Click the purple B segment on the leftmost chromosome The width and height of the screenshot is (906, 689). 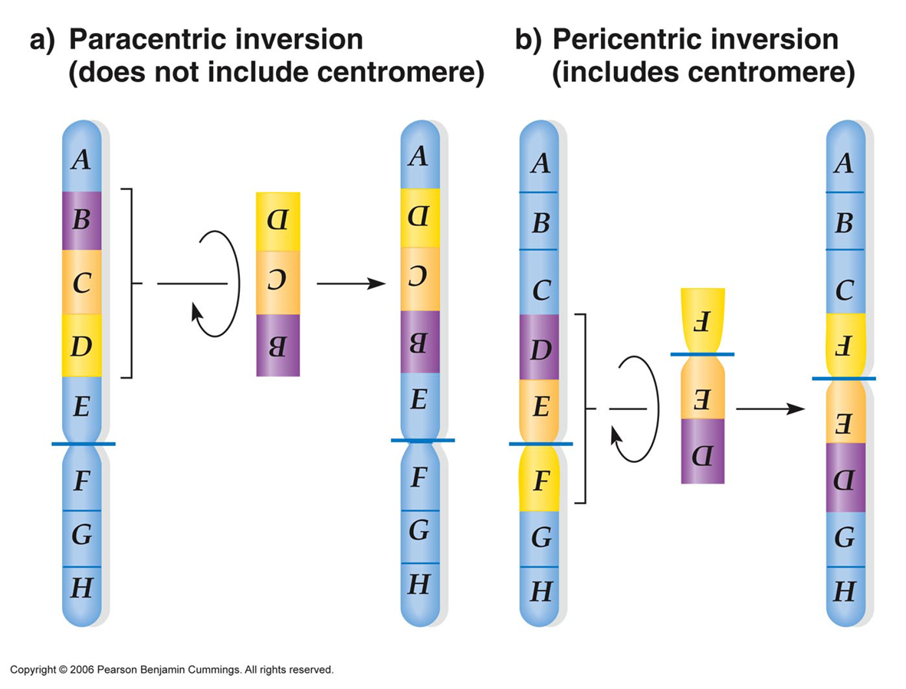pos(81,221)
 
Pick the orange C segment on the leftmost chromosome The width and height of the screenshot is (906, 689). pos(81,284)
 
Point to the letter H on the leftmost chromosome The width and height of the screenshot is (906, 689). pos(81,588)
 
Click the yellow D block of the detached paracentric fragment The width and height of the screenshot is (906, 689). pos(277,220)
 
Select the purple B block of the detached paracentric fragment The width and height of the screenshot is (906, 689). pos(277,346)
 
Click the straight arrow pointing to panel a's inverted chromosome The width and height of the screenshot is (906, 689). pos(350,284)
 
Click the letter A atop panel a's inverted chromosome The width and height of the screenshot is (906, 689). pos(419,157)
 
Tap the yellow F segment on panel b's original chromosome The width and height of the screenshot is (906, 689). pos(540,480)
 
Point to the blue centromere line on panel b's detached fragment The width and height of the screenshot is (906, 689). pos(702,354)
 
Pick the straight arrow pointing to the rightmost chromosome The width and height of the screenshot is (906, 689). pos(770,409)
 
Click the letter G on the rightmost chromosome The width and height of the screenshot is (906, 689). pos(845,538)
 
